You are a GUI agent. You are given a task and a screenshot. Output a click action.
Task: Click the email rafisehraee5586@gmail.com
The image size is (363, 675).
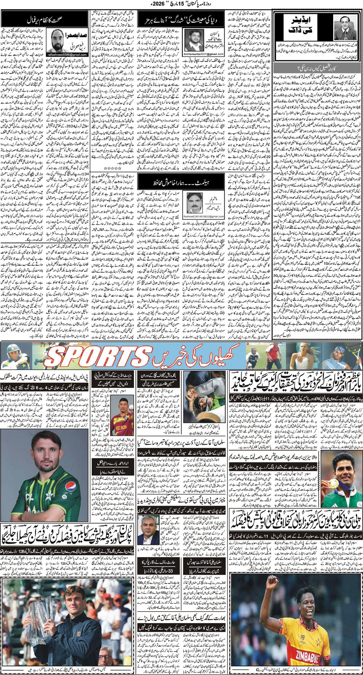pos(68,55)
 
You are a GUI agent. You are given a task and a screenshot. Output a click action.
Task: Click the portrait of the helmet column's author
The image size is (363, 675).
pos(195,202)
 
